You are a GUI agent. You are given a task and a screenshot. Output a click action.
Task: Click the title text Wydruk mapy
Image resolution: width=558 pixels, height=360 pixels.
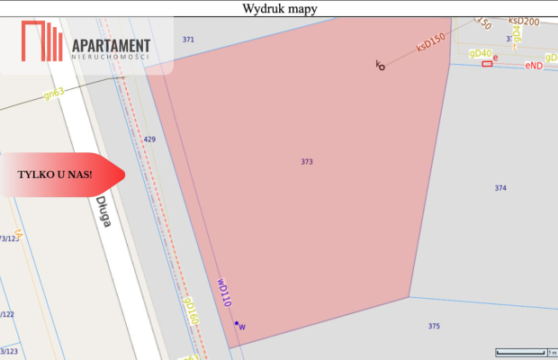[279, 9]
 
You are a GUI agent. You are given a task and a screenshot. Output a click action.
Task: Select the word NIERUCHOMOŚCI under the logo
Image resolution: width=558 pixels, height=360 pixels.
[110, 57]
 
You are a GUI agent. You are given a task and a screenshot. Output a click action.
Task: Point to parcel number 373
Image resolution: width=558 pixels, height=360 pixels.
[307, 162]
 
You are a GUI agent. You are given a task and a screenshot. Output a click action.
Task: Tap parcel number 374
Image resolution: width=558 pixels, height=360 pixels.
[500, 187]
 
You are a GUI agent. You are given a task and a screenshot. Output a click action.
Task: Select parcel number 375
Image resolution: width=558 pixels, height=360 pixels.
[434, 326]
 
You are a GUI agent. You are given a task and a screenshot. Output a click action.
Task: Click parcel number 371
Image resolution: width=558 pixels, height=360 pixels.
[188, 40]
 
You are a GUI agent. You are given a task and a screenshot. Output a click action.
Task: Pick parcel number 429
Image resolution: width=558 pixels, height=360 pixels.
[149, 139]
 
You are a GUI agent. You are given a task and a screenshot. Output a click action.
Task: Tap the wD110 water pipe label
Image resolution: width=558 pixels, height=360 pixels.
[224, 292]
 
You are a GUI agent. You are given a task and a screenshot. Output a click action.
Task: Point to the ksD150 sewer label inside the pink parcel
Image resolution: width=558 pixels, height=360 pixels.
[431, 43]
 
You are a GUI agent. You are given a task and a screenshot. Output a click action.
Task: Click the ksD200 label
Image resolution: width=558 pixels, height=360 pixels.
[523, 21]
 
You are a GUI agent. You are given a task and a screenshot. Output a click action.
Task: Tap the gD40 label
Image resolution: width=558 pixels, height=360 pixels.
[481, 54]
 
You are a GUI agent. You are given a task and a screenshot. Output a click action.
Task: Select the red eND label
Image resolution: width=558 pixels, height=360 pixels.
[534, 65]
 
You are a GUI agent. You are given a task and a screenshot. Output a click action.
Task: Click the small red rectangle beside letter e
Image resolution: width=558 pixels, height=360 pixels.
[487, 64]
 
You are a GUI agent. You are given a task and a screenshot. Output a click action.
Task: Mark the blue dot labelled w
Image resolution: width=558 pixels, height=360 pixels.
[237, 324]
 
